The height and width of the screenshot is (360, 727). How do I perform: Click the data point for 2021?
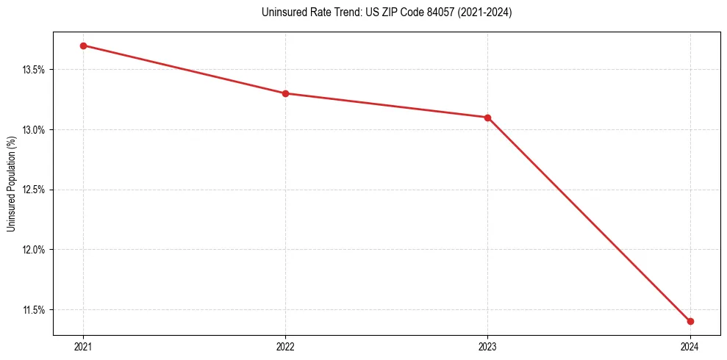[83, 46]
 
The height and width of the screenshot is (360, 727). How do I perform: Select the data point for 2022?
[285, 93]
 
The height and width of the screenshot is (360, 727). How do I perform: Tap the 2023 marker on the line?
[487, 118]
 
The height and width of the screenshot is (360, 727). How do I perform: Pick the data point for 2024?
[690, 321]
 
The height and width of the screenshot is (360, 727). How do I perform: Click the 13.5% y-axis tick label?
[35, 70]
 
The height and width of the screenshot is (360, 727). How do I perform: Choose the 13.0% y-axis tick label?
[35, 130]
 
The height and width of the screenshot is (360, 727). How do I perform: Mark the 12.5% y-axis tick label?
[35, 190]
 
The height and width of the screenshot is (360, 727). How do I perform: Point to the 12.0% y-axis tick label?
[35, 250]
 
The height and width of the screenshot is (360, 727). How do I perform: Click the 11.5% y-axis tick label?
[35, 309]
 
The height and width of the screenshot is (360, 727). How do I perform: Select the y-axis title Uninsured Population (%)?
[11, 184]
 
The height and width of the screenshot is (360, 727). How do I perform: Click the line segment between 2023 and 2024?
[589, 220]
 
